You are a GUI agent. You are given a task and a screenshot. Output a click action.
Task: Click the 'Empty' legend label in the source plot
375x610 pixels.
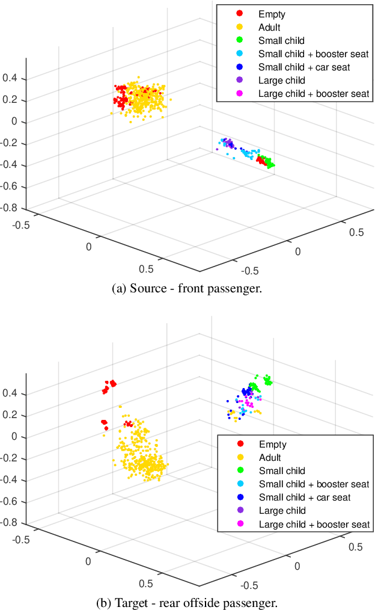[x=272, y=13]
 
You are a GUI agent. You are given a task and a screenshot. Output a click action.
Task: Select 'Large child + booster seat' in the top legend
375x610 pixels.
[x=313, y=94]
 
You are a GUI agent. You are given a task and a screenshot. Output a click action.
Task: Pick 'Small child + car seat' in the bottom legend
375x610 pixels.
[x=305, y=498]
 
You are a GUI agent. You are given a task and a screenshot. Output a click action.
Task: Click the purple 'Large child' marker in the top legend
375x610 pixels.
[x=240, y=80]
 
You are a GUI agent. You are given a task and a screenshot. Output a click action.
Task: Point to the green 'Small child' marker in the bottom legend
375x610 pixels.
[x=240, y=471]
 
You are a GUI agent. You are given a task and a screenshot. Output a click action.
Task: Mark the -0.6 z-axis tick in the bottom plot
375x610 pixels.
[x=11, y=501]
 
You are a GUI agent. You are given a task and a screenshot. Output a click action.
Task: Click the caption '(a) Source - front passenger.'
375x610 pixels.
[x=187, y=289]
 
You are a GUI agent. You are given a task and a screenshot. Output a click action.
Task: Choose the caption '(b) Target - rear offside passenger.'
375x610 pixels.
[x=187, y=602]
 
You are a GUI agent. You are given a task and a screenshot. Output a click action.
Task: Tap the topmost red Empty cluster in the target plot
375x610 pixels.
[x=109, y=386]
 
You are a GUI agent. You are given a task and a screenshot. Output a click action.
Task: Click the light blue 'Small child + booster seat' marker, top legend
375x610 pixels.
[x=240, y=54]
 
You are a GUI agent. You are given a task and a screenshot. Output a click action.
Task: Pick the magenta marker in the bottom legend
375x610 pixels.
[x=240, y=524]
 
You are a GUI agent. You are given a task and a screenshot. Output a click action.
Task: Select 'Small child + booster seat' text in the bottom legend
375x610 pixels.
[x=314, y=484]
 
